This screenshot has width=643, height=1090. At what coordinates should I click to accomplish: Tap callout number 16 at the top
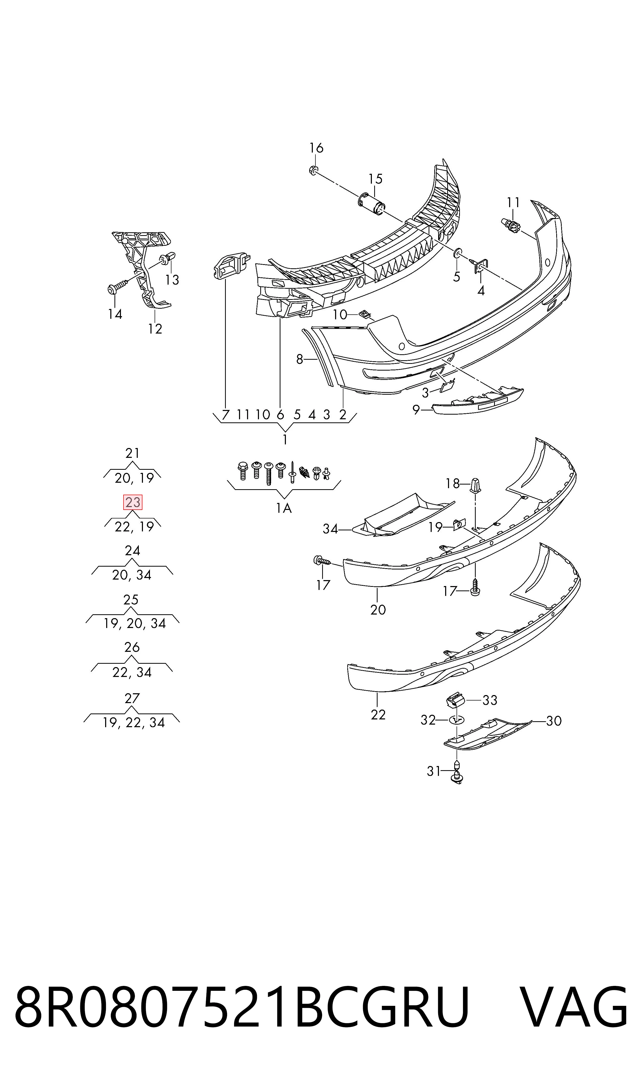pyautogui.click(x=316, y=148)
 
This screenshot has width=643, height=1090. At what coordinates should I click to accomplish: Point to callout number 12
pyautogui.click(x=155, y=329)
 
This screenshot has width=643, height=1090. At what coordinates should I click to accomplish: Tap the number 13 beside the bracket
pyautogui.click(x=172, y=280)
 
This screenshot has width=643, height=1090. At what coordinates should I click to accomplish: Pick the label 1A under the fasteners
pyautogui.click(x=284, y=508)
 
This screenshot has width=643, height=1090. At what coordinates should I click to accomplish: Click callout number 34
pyautogui.click(x=330, y=529)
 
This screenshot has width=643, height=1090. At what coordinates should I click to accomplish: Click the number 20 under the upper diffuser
pyautogui.click(x=378, y=610)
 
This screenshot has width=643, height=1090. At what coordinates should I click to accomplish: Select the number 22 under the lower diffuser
pyautogui.click(x=378, y=715)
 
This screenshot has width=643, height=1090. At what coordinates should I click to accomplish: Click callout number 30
pyautogui.click(x=554, y=721)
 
